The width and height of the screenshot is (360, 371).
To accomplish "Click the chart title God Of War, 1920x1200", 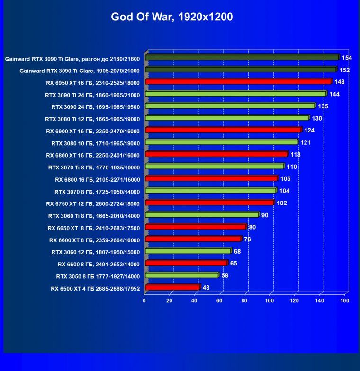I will click(172, 18).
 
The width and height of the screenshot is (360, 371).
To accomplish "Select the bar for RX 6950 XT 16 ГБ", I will click(238, 82).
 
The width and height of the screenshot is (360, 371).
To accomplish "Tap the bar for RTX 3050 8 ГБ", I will click(182, 275).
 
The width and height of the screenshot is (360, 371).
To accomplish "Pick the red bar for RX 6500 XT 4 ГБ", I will click(172, 288).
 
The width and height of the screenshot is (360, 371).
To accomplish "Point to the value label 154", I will click(347, 58).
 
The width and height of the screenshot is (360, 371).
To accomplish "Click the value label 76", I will click(247, 239).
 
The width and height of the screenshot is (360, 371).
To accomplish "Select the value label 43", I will click(206, 288).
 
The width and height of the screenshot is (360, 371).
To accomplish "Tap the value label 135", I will click(323, 106).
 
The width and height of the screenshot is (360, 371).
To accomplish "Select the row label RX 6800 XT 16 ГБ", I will click(93, 155).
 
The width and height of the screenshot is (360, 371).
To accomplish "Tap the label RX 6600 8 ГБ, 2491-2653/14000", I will click(99, 264).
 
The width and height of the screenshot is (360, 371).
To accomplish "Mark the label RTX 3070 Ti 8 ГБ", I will click(94, 167).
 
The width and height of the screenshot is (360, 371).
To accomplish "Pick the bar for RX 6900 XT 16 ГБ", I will click(223, 130).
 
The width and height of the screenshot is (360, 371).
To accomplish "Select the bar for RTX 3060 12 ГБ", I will click(188, 251).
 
